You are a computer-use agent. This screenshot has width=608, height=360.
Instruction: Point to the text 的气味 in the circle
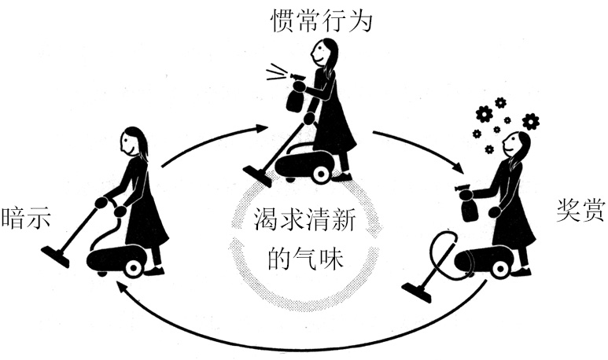305,259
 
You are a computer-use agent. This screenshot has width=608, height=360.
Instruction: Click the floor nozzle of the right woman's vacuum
416,292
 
